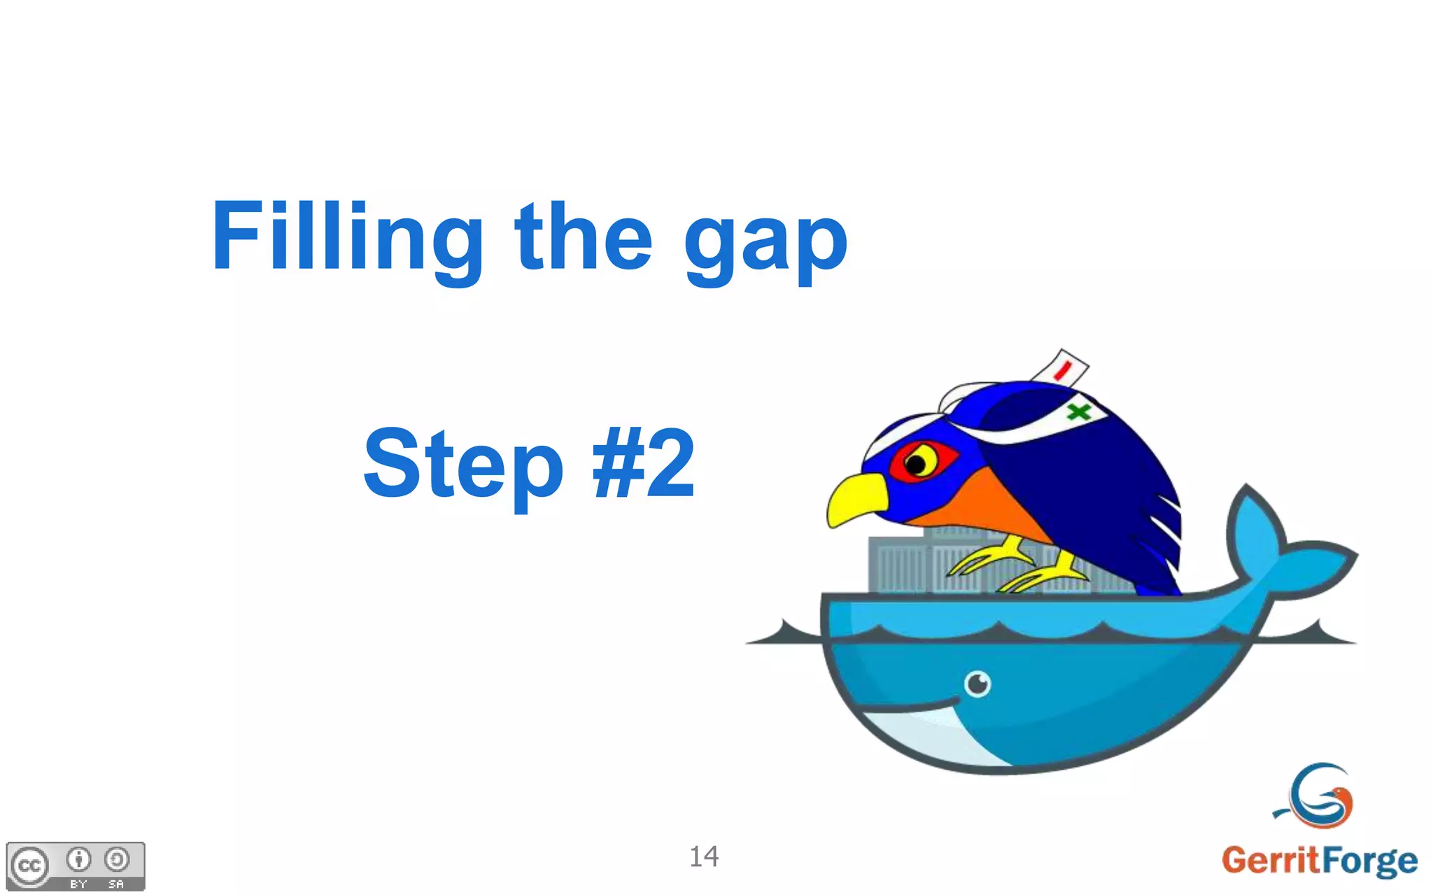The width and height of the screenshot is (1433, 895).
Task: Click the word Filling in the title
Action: (x=346, y=237)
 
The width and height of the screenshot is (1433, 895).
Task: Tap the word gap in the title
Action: (x=765, y=241)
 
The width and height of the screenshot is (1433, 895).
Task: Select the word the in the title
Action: (x=584, y=237)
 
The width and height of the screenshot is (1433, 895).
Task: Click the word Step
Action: (x=463, y=465)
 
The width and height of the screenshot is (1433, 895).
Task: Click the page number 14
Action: (x=704, y=857)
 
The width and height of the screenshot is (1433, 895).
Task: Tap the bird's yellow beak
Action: (x=855, y=498)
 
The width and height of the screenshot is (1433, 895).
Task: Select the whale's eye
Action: (x=977, y=683)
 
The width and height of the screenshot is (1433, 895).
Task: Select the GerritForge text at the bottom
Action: (x=1319, y=860)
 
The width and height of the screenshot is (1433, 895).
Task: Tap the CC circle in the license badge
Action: (x=29, y=866)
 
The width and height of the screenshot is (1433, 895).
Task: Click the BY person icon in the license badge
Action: (x=78, y=859)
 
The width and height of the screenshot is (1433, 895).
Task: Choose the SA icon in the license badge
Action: (x=116, y=859)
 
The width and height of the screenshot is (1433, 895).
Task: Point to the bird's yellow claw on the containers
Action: (x=987, y=560)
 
